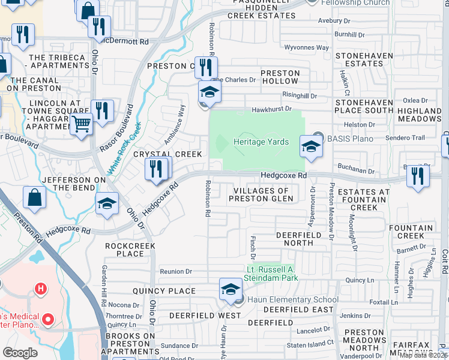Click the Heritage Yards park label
(261, 142)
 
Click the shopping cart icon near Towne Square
(81, 124)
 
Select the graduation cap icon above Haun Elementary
(230, 289)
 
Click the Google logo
(20, 353)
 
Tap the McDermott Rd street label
(124, 41)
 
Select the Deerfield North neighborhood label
(295, 239)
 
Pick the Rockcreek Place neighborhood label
(130, 250)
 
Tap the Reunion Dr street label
(176, 272)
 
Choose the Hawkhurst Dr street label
(271, 109)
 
